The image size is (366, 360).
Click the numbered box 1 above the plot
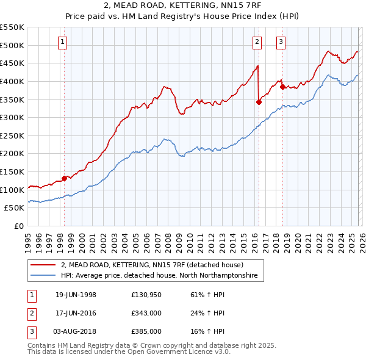coord(63,42)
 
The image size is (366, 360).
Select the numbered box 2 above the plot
coord(257,42)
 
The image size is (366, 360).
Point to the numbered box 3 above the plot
coord(280,42)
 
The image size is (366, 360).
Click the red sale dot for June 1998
coord(65,178)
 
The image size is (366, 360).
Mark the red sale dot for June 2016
coord(259,102)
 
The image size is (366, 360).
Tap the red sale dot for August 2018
coord(282,87)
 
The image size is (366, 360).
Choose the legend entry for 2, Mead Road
coord(152,265)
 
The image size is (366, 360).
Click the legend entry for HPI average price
coord(159,276)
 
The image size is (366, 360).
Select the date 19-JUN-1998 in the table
coord(76,295)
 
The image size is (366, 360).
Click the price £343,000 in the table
coord(146,313)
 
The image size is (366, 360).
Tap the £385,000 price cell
coord(146,331)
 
